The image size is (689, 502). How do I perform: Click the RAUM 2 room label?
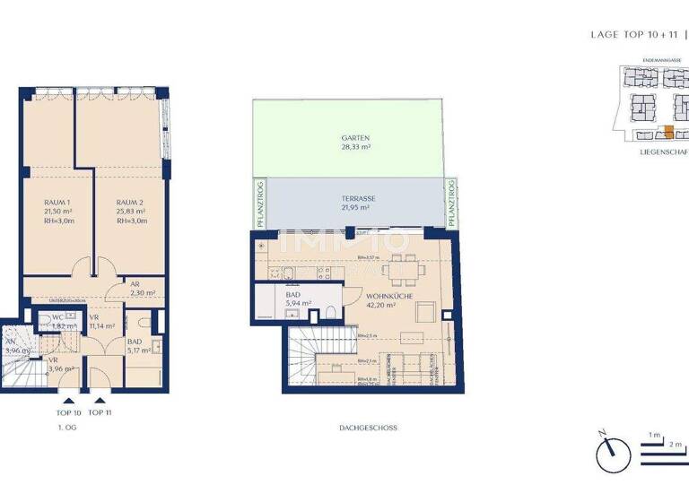131,203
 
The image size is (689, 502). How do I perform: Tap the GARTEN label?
355,139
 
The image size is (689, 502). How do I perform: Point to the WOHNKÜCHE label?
388,296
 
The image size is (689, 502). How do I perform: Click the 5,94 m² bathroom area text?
299,304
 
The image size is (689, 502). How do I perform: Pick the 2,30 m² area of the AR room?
143,292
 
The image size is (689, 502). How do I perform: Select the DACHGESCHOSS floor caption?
369,428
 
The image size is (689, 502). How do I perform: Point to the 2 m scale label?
676,445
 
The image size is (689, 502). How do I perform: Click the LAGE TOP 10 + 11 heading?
632,35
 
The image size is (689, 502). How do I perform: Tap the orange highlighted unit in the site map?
667,131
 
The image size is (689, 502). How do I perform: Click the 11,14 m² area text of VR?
101,326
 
